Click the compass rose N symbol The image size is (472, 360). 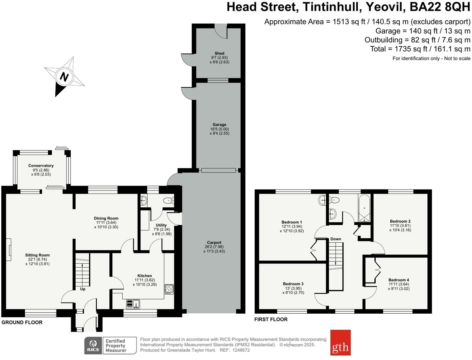pos(64,77)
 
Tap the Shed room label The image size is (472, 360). pos(219,53)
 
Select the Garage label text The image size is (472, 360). pos(219,124)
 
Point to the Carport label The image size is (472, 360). pos(214,243)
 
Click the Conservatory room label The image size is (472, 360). pos(41,166)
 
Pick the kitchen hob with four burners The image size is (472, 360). pos(169,289)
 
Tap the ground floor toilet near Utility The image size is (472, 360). pos(169,200)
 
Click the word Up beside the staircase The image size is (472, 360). pos(83,289)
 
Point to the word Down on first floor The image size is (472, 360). pos(336,239)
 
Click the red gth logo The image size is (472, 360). pos(340,343)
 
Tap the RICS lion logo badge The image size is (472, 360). pos(93,346)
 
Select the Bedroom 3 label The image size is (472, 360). pos(293,284)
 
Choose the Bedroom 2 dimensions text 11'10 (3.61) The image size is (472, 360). pos(400,226)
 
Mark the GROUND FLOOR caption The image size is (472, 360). pos(22,322)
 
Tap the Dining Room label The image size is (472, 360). pos(106,218)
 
